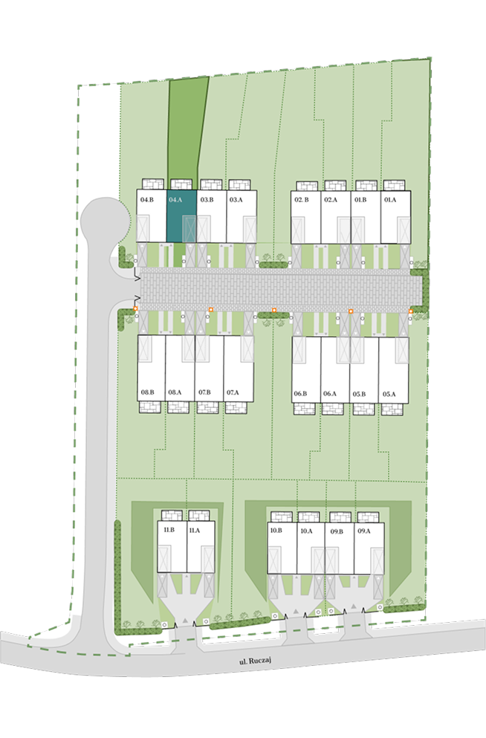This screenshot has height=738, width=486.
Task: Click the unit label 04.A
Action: (175, 200)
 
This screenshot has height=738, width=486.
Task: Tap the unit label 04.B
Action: (147, 200)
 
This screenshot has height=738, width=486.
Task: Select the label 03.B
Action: (207, 200)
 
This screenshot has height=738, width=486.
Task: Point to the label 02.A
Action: (331, 200)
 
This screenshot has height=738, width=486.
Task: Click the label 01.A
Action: (390, 200)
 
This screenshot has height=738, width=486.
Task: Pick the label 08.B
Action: (147, 392)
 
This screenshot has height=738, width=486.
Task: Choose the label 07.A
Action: (233, 392)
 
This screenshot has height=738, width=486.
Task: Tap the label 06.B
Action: (301, 393)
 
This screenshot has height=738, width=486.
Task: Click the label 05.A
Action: (389, 394)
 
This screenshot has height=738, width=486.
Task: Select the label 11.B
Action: (169, 529)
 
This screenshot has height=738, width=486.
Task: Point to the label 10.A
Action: (306, 531)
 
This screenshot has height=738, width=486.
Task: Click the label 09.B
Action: (337, 531)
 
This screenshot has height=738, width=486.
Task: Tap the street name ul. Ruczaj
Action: (256, 661)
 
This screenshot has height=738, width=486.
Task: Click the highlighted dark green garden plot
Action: (187, 127)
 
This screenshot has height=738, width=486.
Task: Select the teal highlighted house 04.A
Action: (181, 216)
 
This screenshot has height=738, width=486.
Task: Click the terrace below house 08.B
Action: (150, 407)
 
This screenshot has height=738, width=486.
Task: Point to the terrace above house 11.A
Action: (198, 515)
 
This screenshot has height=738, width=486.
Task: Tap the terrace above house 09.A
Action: (368, 517)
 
